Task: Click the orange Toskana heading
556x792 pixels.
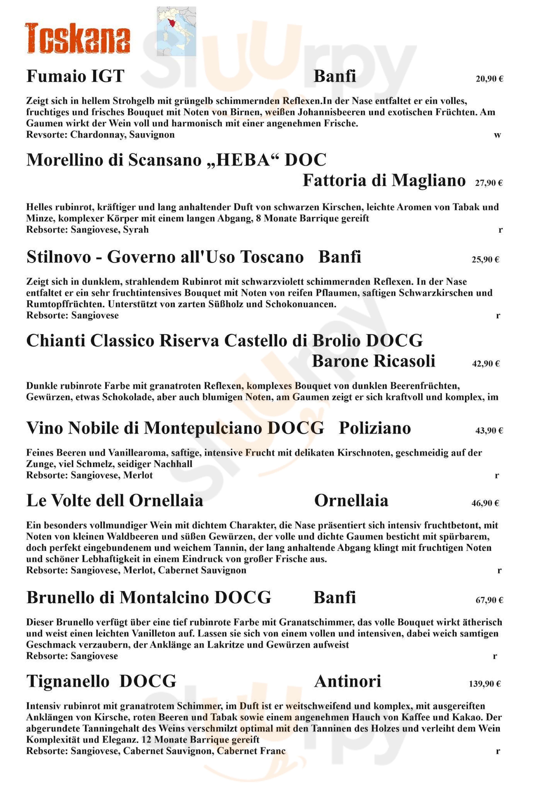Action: [77, 38]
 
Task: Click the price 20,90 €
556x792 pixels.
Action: [489, 79]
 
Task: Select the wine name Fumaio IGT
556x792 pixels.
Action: [75, 76]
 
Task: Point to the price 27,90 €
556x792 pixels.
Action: [488, 183]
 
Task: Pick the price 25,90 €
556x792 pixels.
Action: [485, 259]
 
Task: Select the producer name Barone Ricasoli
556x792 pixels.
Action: [373, 361]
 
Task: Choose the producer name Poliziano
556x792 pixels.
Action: [375, 428]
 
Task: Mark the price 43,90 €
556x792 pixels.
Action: [489, 430]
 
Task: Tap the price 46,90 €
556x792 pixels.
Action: [485, 503]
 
